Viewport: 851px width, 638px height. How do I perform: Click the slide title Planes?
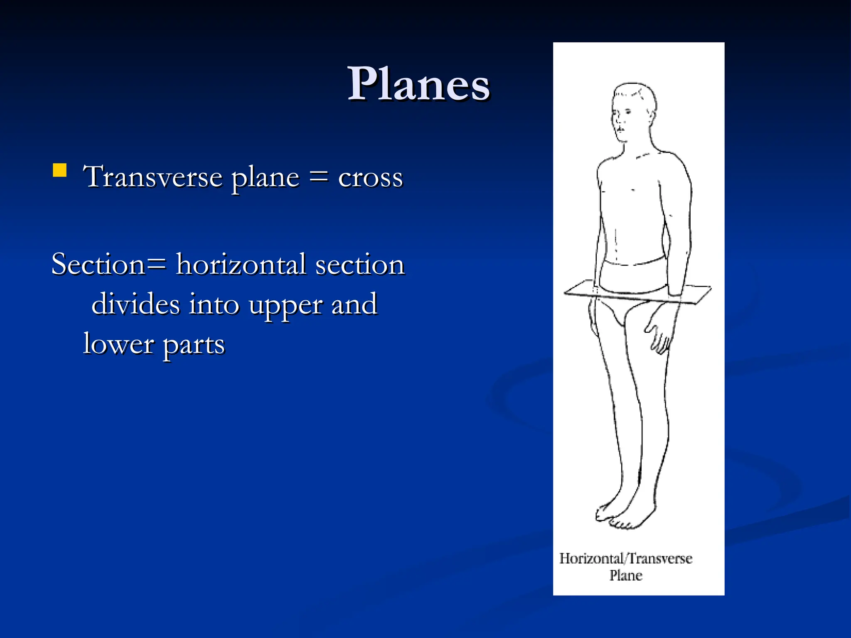coord(418,84)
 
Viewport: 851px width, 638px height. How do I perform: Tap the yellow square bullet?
coord(60,170)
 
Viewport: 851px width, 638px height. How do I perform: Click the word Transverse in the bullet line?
coord(153,177)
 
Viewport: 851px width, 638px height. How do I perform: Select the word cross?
coord(370,178)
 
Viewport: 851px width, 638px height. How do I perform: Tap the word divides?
coord(136,304)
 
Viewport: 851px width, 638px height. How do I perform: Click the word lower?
coord(118,344)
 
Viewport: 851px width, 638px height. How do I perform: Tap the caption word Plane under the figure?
coord(626,576)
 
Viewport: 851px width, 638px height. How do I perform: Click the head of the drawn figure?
coord(632,112)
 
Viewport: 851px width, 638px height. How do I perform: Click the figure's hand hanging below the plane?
coord(659,332)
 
